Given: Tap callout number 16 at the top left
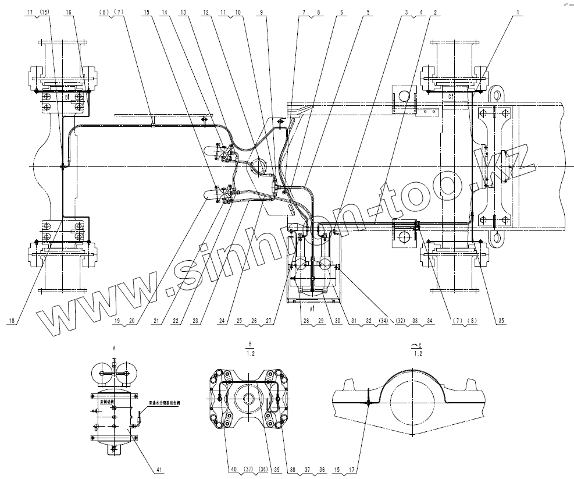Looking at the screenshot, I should click(69, 12).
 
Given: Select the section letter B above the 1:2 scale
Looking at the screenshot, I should click(249, 343).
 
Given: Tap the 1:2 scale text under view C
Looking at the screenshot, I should click(416, 353).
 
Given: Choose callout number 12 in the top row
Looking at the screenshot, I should click(206, 12).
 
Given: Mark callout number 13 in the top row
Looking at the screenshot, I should click(184, 12).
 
